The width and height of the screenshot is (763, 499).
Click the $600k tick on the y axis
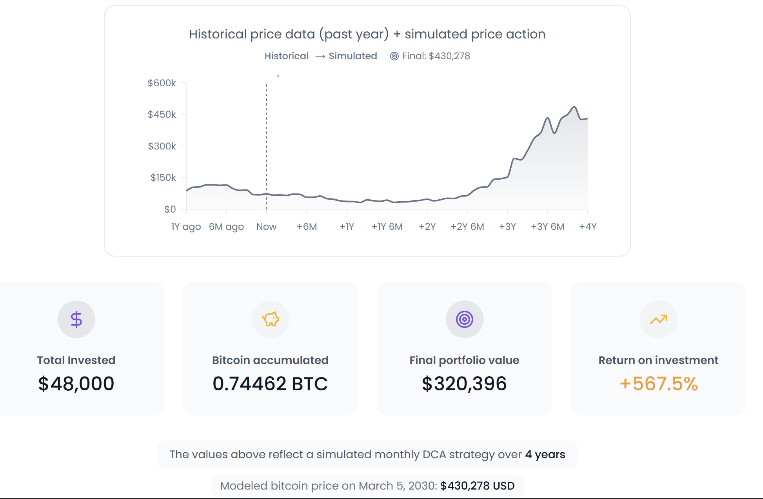pos(162,83)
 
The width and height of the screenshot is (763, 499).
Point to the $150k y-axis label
pos(163,178)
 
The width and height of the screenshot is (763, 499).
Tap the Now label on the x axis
pos(266,227)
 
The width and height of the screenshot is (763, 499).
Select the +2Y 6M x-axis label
pos(467,227)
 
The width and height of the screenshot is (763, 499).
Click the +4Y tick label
pos(587,227)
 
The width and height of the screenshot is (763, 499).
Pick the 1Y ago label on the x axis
pos(186,227)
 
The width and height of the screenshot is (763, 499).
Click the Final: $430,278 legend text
pos(436,56)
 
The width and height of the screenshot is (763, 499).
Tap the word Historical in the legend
pos(286,56)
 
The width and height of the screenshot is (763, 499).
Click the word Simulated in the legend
pos(352,56)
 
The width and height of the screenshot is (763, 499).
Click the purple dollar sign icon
pos(76,319)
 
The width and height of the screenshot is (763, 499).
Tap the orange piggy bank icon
pos(271,319)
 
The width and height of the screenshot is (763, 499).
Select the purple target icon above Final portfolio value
pos(464,319)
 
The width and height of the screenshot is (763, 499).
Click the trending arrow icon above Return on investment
pos(658,319)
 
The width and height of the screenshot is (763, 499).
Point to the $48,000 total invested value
pos(76,384)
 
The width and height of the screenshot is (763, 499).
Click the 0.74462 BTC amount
pos(270,384)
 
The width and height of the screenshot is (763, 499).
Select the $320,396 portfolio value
pos(464,384)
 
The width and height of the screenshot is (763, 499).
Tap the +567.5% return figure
pos(658,384)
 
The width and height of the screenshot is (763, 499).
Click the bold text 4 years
pos(545,454)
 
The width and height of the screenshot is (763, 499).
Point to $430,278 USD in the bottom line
pos(477,486)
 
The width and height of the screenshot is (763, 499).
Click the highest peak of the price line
pos(574,107)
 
